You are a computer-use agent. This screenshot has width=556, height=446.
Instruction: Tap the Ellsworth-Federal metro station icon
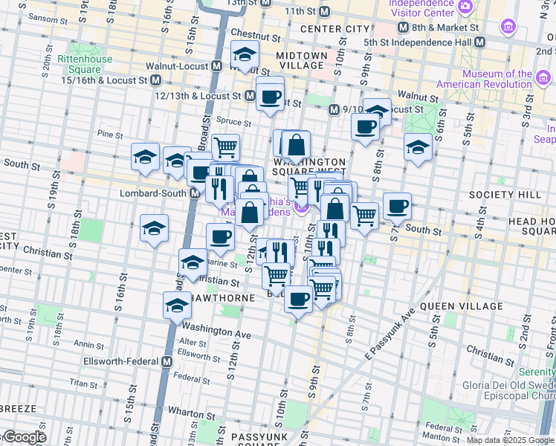click(167, 361)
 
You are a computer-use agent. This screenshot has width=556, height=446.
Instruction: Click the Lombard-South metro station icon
click(195, 193)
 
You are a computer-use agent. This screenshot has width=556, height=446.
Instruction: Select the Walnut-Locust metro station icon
click(216, 65)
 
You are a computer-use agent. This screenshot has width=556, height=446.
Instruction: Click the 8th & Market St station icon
click(404, 28)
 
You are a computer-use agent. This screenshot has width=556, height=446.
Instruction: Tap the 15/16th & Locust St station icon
click(156, 80)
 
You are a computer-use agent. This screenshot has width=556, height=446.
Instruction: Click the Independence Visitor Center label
click(421, 8)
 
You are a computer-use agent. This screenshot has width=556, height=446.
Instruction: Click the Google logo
click(25, 437)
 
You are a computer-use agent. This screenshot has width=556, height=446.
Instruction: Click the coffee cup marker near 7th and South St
click(397, 206)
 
